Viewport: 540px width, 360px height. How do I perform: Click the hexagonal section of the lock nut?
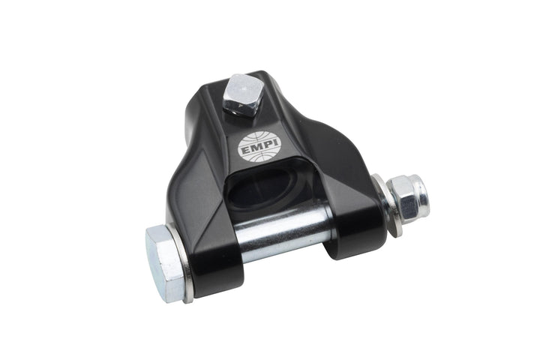[403, 201]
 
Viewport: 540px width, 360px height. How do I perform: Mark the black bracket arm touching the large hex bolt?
[214, 247]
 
